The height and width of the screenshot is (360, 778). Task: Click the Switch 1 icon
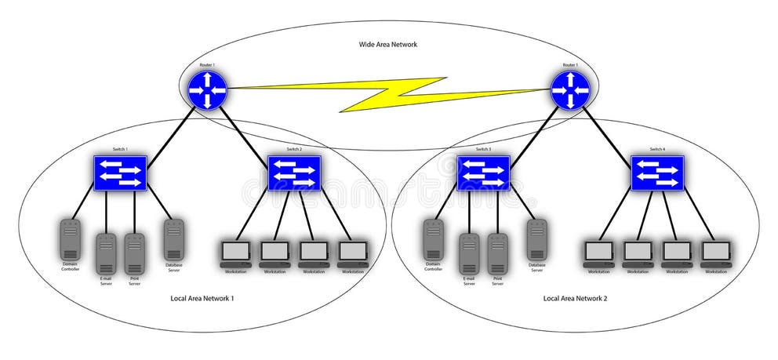tap(119, 173)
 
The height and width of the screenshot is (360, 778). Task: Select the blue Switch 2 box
tap(294, 173)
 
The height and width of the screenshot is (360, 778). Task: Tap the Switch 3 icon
tap(483, 173)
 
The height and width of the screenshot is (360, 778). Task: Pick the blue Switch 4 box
tap(657, 173)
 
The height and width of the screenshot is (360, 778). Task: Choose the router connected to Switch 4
tap(570, 90)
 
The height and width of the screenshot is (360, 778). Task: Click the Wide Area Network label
tap(383, 45)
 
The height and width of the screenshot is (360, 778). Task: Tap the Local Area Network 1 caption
tap(202, 299)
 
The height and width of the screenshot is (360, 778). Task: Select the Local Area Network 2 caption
tap(575, 299)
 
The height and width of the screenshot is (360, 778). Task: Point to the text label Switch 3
tap(483, 149)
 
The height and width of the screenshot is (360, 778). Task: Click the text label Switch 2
tap(294, 149)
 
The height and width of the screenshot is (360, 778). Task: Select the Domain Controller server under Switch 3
tap(433, 240)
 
